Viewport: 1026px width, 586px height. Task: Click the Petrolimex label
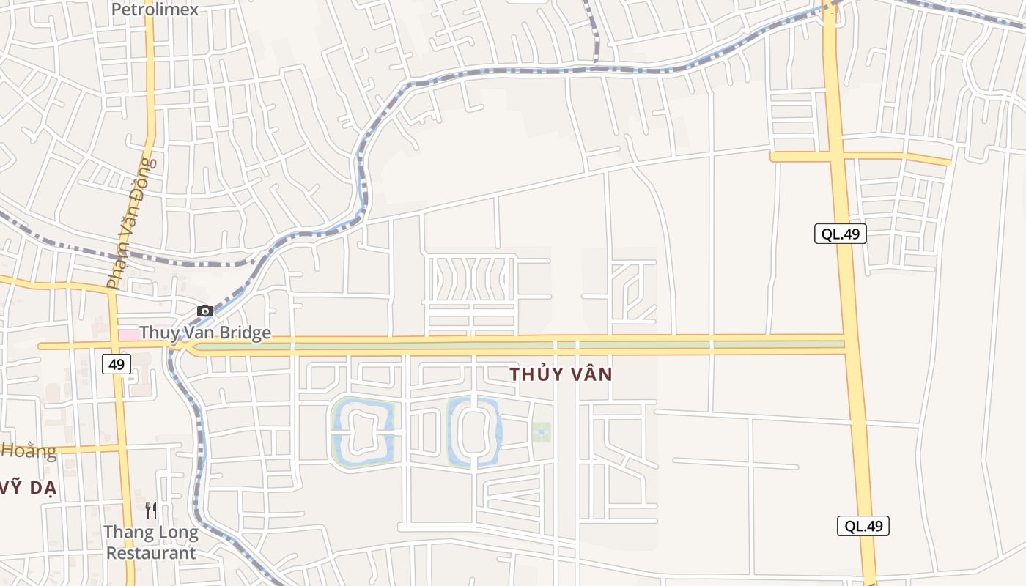tap(155, 10)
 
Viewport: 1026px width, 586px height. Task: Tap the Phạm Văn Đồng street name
tap(132, 223)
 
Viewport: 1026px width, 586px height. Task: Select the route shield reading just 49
tap(117, 363)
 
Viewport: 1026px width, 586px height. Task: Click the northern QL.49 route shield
tap(840, 234)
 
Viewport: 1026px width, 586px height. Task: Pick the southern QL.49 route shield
tap(863, 525)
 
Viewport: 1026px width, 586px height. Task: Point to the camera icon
tap(205, 311)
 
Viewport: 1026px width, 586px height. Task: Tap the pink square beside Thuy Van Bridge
tap(128, 335)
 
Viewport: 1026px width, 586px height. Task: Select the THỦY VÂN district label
tap(561, 374)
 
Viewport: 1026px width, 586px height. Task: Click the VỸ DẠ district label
tap(29, 489)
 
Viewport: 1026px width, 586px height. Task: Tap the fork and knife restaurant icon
tap(151, 510)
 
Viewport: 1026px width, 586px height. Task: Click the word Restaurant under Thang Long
tap(151, 552)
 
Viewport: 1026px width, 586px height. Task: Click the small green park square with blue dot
tap(541, 432)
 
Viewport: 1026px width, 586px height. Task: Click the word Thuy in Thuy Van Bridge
tap(156, 333)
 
